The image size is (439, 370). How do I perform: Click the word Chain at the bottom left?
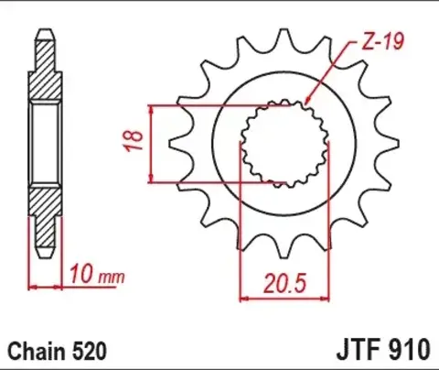[34, 350]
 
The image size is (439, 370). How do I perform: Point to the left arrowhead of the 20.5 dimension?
[244, 296]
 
